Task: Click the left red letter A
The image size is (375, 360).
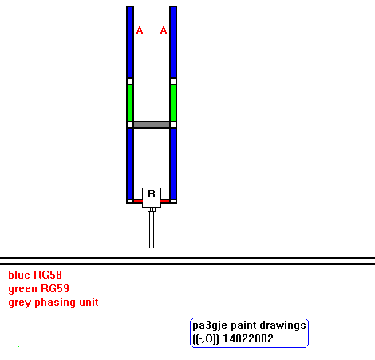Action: pyautogui.click(x=140, y=30)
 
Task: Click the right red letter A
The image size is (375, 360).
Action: pyautogui.click(x=164, y=30)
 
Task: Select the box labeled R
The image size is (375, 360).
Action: pyautogui.click(x=152, y=197)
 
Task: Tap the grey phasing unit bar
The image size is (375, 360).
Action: pyautogui.click(x=152, y=125)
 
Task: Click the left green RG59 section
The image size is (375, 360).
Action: pyautogui.click(x=130, y=103)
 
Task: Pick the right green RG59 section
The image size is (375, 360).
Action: pyautogui.click(x=173, y=103)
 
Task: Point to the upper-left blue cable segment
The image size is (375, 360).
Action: pyautogui.click(x=130, y=42)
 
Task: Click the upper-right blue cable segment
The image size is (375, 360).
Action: pyautogui.click(x=173, y=42)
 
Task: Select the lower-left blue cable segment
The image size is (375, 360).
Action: pyautogui.click(x=130, y=164)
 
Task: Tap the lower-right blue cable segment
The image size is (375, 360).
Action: pyautogui.click(x=173, y=164)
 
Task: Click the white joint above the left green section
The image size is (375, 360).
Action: pyautogui.click(x=130, y=81)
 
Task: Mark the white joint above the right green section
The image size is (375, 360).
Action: pyautogui.click(x=173, y=81)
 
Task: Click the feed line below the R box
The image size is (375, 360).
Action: pyautogui.click(x=152, y=229)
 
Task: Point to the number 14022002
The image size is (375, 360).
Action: pyautogui.click(x=248, y=338)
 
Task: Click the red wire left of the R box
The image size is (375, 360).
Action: pyautogui.click(x=138, y=201)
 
